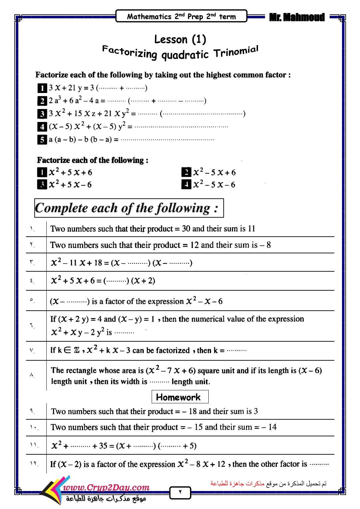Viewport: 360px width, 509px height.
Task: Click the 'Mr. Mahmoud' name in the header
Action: point(296,17)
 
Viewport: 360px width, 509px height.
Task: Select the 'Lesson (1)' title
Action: point(180,39)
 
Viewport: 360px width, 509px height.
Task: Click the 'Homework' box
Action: point(180,397)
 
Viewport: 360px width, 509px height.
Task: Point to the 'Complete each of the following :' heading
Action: point(129,208)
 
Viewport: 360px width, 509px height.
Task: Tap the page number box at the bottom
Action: point(180,492)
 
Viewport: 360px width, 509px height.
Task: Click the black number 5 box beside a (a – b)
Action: point(42,139)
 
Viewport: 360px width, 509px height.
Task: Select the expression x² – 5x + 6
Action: point(214,172)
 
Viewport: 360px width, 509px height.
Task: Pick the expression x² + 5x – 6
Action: point(70,185)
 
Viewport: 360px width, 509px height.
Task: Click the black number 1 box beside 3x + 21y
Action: point(42,88)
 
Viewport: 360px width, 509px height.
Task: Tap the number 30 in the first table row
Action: point(186,229)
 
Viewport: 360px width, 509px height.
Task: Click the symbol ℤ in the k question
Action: point(76,350)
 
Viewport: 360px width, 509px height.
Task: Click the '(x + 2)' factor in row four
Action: point(143,281)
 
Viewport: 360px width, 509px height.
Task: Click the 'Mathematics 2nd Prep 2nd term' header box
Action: point(181,16)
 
